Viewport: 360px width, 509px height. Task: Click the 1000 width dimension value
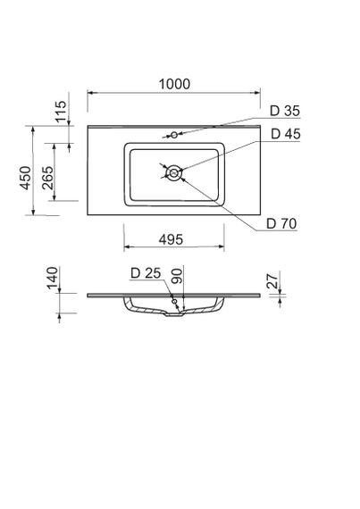[x=175, y=83]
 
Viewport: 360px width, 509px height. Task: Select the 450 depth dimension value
[x=27, y=177]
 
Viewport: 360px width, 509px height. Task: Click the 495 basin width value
[x=172, y=239]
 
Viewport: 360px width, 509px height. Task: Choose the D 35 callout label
[x=284, y=112]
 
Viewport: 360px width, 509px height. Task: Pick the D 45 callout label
[x=284, y=134]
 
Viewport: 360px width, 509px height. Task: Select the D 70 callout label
[x=281, y=222]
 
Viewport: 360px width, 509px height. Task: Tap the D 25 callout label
[x=145, y=273]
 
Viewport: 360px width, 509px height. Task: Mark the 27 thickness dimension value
[x=273, y=282]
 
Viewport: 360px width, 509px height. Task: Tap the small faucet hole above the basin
[x=174, y=135]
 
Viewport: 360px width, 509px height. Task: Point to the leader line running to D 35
[x=223, y=126]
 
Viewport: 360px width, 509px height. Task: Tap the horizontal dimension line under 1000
[x=175, y=92]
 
